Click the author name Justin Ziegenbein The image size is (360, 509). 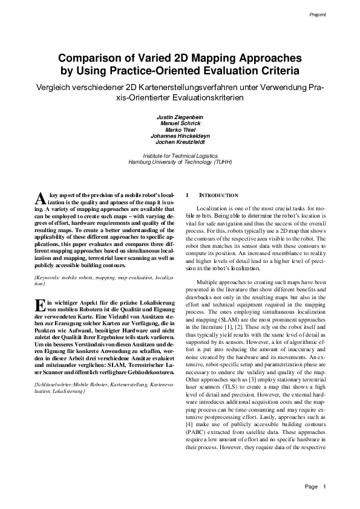(180, 116)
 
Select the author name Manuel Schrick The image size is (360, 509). (180, 123)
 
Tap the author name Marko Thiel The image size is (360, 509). (180, 129)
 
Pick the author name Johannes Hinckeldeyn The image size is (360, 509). (180, 136)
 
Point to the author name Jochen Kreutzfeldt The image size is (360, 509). (180, 143)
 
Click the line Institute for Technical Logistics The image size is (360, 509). (180, 155)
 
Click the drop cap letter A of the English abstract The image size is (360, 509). (40, 199)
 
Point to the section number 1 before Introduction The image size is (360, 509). (188, 196)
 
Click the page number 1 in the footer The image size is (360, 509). (325, 486)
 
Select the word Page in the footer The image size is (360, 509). (312, 486)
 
